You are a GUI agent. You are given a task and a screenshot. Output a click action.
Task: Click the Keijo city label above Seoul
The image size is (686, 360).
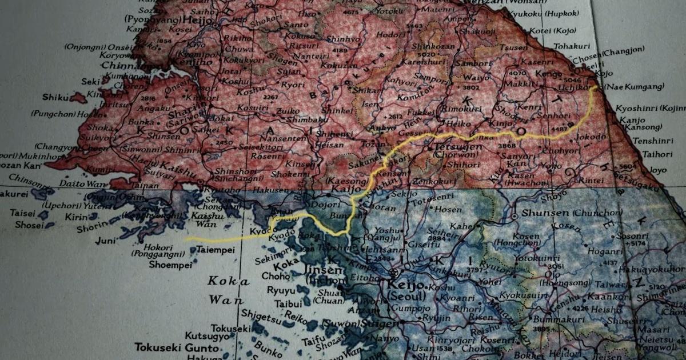point(405,285)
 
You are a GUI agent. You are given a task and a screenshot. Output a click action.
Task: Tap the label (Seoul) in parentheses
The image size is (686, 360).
point(406,297)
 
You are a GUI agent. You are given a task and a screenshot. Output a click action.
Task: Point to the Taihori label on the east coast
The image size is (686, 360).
point(657,154)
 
